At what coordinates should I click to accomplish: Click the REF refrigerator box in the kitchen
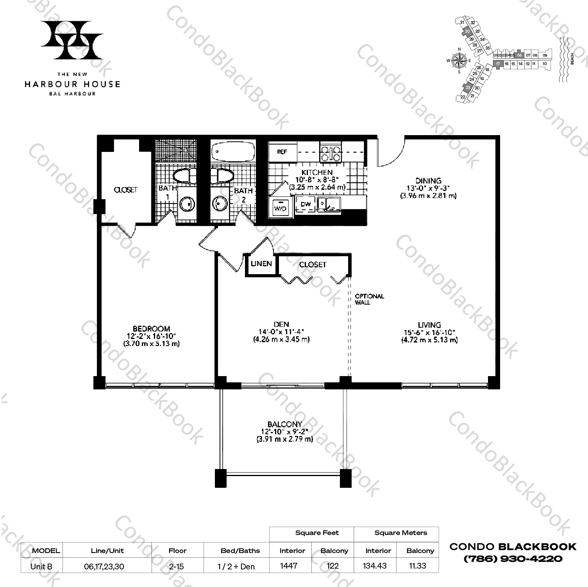(282, 152)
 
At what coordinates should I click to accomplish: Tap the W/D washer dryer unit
(280, 208)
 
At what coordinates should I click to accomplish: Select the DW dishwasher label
(306, 204)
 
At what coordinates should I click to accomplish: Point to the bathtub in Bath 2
(233, 150)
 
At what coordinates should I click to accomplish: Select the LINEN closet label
(261, 264)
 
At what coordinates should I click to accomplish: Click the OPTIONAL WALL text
(369, 299)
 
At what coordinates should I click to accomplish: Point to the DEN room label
(281, 324)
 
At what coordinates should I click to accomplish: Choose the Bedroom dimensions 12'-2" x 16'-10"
(151, 336)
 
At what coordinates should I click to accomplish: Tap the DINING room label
(428, 181)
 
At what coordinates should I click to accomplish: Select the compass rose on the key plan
(459, 61)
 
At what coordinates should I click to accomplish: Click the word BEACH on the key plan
(572, 59)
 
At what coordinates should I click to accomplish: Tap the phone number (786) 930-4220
(513, 558)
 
